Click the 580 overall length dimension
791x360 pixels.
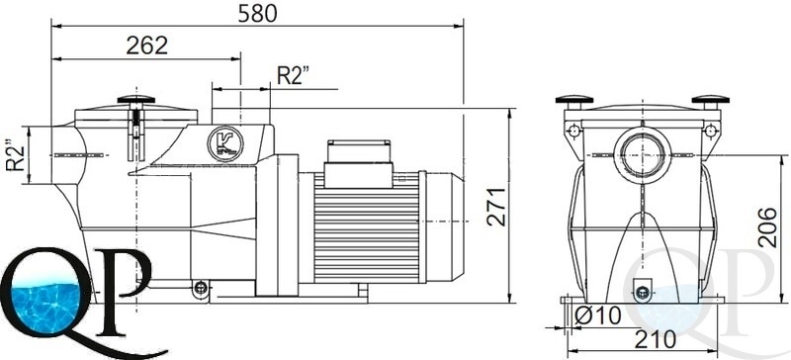click(x=257, y=14)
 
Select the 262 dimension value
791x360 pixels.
click(x=146, y=45)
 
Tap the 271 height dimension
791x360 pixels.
click(x=496, y=206)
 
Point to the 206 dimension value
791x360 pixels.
click(x=768, y=226)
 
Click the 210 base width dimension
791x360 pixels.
click(x=656, y=339)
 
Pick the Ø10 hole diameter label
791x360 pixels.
click(x=598, y=316)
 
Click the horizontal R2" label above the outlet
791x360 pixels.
click(x=293, y=76)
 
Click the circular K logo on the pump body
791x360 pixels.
click(x=225, y=143)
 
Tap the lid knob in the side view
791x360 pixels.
click(x=136, y=100)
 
